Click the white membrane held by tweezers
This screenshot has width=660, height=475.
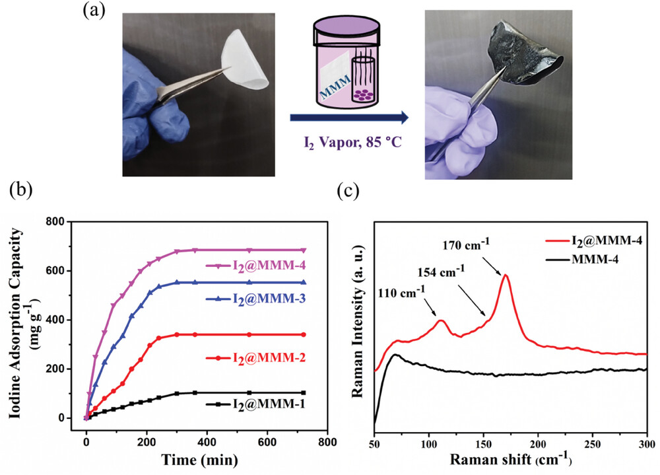click(246, 63)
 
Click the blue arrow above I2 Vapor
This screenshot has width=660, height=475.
click(348, 118)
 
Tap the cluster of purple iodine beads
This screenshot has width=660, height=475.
click(364, 94)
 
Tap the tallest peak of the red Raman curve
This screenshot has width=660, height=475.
click(506, 275)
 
